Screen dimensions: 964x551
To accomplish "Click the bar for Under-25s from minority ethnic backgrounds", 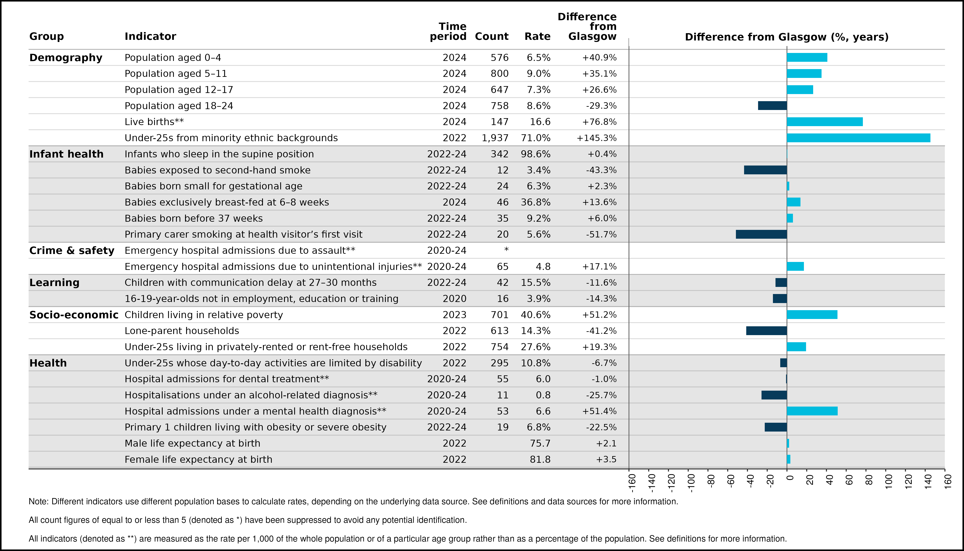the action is [x=858, y=138].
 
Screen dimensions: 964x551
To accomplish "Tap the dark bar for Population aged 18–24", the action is [x=772, y=106].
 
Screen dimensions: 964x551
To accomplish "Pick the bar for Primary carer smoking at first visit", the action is [x=761, y=234].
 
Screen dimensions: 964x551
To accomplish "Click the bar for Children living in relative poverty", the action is [x=812, y=314].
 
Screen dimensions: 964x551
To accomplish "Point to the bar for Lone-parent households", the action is [x=766, y=331].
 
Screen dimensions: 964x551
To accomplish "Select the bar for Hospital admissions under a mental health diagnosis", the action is [x=812, y=411].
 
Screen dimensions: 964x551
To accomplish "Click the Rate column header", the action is [x=537, y=36].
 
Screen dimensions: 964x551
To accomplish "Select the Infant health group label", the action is [x=66, y=154].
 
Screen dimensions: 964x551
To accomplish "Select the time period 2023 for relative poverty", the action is [x=454, y=315].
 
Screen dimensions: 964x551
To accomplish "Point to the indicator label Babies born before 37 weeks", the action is [x=194, y=218].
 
